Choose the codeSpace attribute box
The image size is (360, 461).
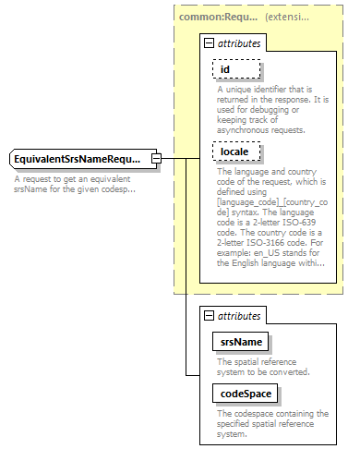point(245,392)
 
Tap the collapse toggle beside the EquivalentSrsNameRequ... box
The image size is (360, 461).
point(157,160)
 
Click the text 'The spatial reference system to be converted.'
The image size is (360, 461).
point(263,367)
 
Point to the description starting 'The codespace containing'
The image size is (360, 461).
point(271,423)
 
